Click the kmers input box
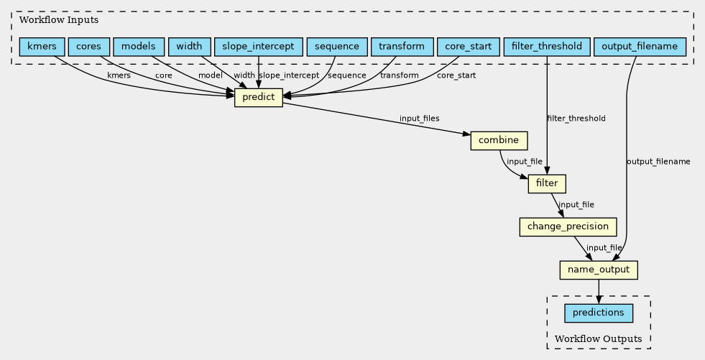tap(42, 47)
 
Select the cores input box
tap(88, 47)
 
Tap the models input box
tap(139, 47)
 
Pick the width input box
tap(189, 47)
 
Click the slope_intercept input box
tap(258, 47)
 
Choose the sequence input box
tap(337, 47)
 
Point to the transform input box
tap(402, 47)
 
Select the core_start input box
tap(468, 47)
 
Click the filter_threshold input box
tap(547, 47)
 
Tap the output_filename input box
tap(640, 47)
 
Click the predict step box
tap(259, 98)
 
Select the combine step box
tap(499, 141)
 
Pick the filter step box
tap(547, 184)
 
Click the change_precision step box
tap(568, 227)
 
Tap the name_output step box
tap(599, 270)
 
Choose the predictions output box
tap(599, 313)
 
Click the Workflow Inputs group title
tap(59, 20)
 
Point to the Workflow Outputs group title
tap(599, 339)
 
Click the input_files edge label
tap(419, 119)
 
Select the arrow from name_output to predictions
tap(599, 292)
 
